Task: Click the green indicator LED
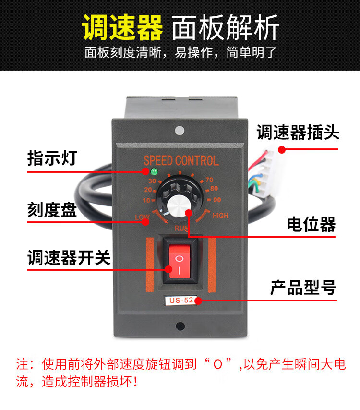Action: click(154, 172)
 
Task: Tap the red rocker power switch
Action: click(180, 262)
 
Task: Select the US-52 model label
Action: click(181, 300)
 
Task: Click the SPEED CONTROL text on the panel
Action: click(181, 160)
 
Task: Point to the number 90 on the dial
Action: click(217, 200)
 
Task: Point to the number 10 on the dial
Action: click(146, 201)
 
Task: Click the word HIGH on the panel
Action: click(220, 216)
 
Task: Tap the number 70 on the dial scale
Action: click(209, 180)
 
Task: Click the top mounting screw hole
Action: click(180, 131)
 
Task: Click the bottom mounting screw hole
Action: click(180, 326)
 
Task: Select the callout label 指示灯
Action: click(52, 158)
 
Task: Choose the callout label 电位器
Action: click(311, 224)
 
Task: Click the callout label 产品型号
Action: click(303, 288)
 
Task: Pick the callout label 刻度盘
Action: click(52, 209)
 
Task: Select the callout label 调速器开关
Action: click(69, 257)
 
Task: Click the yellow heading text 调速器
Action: click(122, 27)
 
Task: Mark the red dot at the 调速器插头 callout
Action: click(282, 150)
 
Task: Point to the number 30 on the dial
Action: click(152, 181)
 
